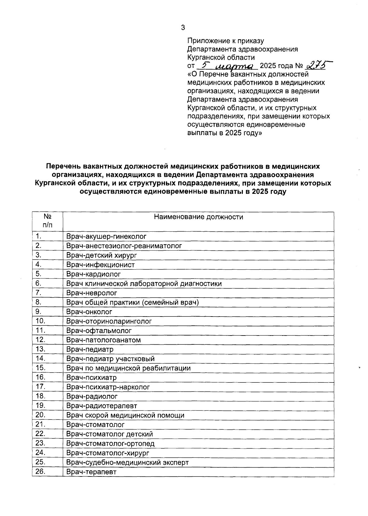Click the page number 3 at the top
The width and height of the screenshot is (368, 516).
(183, 28)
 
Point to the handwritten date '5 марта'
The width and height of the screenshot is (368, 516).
(227, 66)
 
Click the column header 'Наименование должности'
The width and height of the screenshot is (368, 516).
(198, 217)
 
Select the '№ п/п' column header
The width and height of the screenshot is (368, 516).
(47, 221)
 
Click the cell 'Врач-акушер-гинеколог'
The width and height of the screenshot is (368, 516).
(106, 236)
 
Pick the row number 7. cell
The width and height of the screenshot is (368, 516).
(39, 293)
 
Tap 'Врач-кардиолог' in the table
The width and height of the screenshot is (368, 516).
(94, 274)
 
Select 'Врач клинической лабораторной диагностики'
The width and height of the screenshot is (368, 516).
(144, 283)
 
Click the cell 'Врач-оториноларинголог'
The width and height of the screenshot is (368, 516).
(109, 321)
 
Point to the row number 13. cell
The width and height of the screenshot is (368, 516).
(40, 349)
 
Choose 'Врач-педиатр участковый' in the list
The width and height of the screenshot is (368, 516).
(110, 359)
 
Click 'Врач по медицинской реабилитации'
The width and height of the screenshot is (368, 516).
(128, 368)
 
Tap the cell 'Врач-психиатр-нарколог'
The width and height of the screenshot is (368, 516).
(108, 387)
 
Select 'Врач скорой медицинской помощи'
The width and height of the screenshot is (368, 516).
(125, 415)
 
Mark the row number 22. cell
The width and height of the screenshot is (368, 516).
(40, 434)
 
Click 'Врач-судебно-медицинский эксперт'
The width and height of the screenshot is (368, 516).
(128, 462)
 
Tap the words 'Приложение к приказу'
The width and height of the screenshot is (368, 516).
(225, 41)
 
